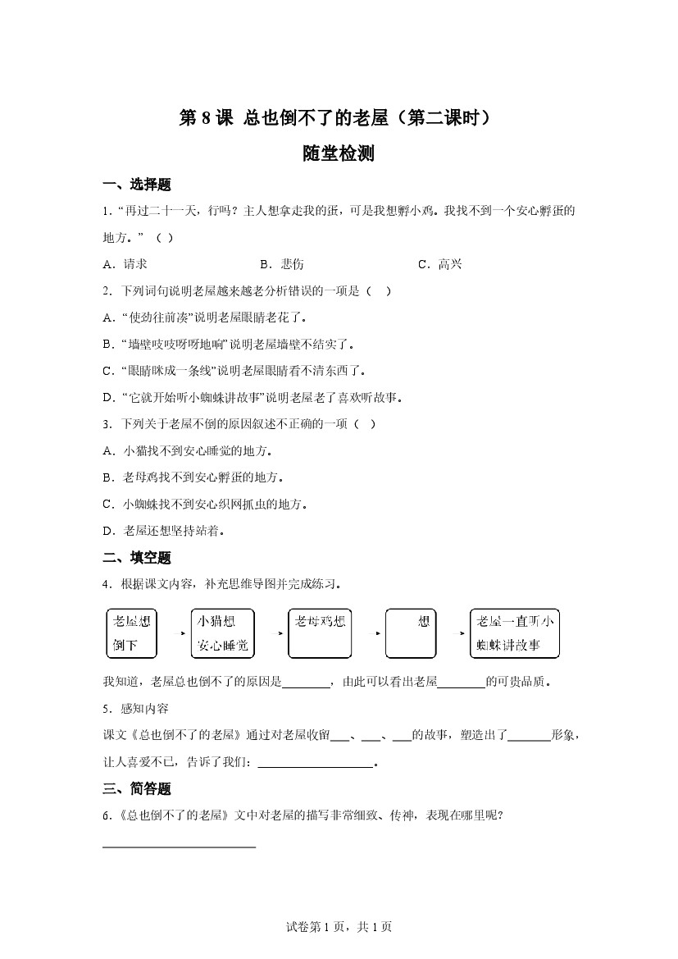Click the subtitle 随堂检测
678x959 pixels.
point(338,153)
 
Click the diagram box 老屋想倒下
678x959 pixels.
point(132,633)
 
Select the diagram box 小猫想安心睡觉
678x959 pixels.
point(222,633)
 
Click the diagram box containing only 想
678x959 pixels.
point(410,633)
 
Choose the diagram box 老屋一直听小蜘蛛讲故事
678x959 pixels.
point(515,633)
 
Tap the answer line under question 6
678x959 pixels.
point(180,845)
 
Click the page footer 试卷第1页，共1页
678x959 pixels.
point(339,927)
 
